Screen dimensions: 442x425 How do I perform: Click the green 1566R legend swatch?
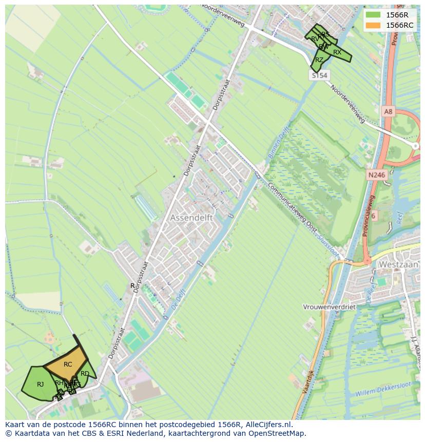pos(373,14)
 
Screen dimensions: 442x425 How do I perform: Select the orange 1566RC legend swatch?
pos(373,25)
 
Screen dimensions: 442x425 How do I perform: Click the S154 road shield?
pos(319,75)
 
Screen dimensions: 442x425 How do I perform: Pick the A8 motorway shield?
pos(388,111)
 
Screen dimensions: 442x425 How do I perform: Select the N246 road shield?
pos(376,175)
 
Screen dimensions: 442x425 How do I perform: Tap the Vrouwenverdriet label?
pos(330,307)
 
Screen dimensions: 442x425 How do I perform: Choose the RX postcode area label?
pos(337,52)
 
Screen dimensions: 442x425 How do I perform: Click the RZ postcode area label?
pos(319,60)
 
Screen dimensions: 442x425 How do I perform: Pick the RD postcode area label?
pos(85,374)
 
